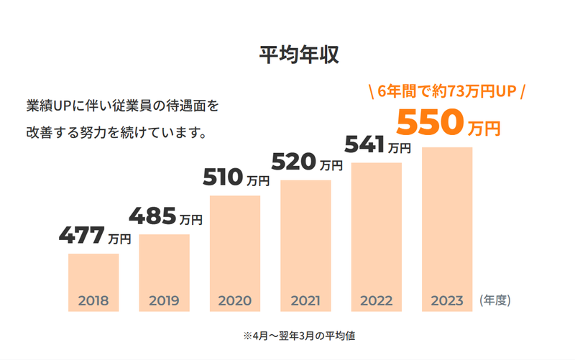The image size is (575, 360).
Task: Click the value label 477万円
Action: (x=94, y=236)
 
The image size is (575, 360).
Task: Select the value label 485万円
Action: (x=165, y=216)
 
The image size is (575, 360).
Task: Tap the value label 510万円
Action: (x=236, y=177)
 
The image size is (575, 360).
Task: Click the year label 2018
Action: (x=93, y=300)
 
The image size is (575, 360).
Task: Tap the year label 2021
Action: (x=305, y=300)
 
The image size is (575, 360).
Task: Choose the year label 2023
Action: (x=447, y=300)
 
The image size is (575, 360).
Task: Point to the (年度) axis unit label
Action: (x=495, y=300)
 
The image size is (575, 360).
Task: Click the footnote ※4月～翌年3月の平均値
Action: (x=298, y=335)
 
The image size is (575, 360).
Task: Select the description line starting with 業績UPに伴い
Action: (x=121, y=106)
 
